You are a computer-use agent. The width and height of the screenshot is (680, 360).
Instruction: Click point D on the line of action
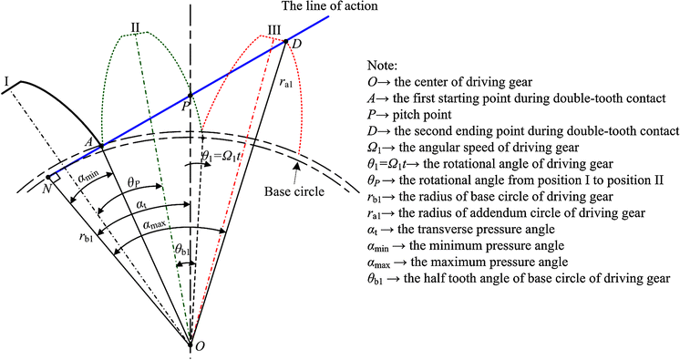(286, 40)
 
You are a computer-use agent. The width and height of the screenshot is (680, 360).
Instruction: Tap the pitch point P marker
(190, 94)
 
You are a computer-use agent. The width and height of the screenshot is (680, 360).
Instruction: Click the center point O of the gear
(190, 345)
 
